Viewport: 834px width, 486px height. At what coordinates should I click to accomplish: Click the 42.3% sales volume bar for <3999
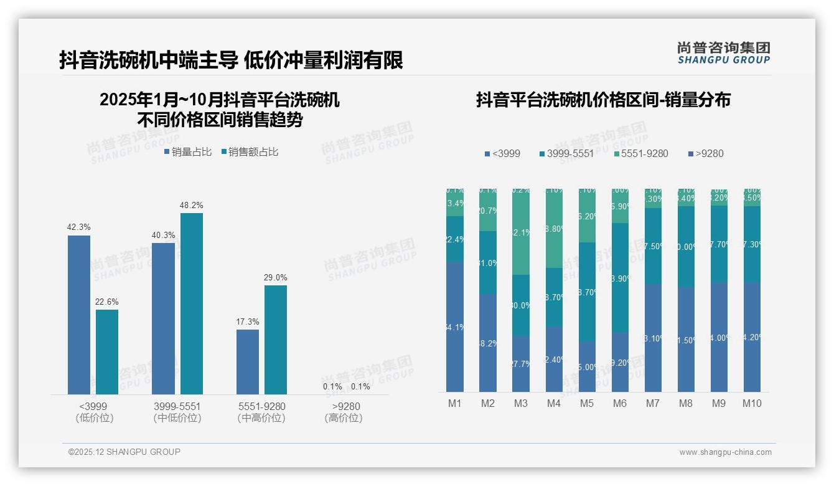click(x=79, y=315)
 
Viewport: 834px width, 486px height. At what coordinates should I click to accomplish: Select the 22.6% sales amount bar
click(x=107, y=352)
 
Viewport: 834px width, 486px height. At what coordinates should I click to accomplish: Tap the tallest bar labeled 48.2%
click(x=192, y=303)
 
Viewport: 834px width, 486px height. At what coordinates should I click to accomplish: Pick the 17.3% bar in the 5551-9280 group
click(x=248, y=361)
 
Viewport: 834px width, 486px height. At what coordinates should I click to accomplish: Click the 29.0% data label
click(x=276, y=278)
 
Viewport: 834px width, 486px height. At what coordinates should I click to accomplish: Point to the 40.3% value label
click(x=163, y=235)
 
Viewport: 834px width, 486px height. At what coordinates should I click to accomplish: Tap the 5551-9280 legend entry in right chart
click(x=640, y=153)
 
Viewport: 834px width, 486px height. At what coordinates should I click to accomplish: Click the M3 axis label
click(x=521, y=403)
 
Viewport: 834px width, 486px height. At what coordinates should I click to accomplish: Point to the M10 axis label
click(x=752, y=403)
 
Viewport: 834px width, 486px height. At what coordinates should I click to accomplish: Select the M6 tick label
click(x=620, y=403)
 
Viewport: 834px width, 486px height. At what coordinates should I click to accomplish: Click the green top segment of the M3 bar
click(x=521, y=232)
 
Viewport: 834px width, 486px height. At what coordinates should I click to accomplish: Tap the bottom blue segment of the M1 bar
click(x=455, y=326)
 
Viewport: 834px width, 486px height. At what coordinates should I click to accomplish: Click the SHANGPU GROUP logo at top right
click(x=724, y=53)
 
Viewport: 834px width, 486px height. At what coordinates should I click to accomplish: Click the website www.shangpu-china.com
click(x=725, y=452)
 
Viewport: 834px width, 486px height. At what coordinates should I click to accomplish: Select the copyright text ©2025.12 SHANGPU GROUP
click(x=124, y=452)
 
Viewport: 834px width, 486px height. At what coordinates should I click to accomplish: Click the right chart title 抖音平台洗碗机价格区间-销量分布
click(x=603, y=100)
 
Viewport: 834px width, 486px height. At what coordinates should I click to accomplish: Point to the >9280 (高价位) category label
click(x=343, y=412)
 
